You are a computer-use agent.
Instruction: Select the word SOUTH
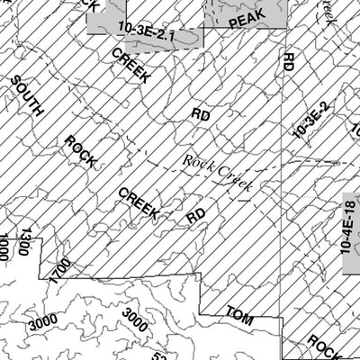point(27,96)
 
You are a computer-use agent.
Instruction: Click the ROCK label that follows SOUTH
point(82,150)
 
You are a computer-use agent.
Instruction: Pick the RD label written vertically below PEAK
point(288,63)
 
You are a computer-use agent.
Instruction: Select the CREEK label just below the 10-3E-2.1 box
point(132,67)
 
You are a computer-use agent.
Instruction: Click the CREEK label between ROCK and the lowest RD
point(139,204)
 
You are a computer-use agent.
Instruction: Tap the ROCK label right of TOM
point(321,344)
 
